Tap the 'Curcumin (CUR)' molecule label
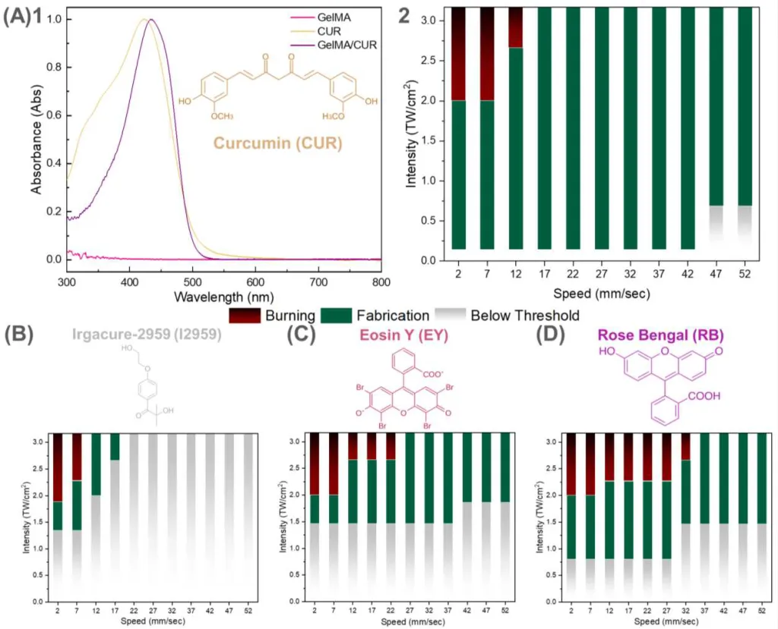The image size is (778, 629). pyautogui.click(x=277, y=143)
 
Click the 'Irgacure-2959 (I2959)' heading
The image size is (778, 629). pyautogui.click(x=147, y=335)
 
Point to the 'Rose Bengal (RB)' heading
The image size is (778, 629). pyautogui.click(x=650, y=335)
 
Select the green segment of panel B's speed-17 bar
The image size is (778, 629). pyautogui.click(x=115, y=447)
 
